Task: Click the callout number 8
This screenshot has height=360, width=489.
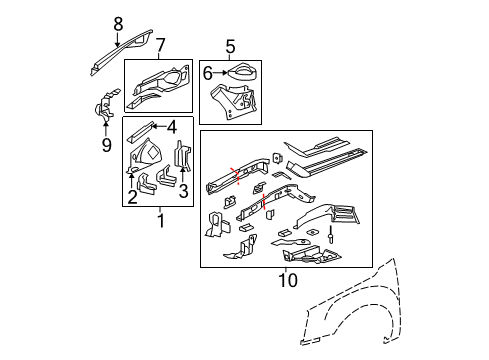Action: click(118, 24)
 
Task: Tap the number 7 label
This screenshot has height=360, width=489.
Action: click(161, 45)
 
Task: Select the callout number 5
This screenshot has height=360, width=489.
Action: click(230, 45)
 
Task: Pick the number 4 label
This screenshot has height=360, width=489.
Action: click(172, 126)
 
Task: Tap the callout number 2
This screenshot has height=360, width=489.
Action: click(131, 183)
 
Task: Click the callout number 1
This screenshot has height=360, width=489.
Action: click(158, 219)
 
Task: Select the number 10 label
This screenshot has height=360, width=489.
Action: click(286, 279)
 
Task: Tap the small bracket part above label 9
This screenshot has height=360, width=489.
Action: click(104, 109)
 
